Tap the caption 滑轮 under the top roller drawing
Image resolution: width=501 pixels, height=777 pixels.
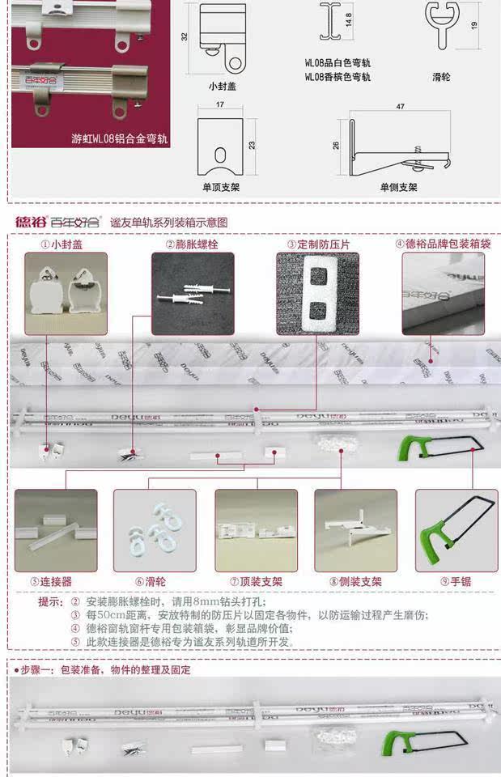click(441, 78)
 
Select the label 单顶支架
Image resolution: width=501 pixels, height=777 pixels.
click(221, 187)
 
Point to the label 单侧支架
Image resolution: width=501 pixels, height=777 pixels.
click(398, 187)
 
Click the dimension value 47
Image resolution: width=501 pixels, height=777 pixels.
click(400, 106)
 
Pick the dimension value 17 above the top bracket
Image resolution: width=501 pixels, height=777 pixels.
click(220, 105)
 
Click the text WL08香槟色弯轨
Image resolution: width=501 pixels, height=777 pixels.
click(338, 77)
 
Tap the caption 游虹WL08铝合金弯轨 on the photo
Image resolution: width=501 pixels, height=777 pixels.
click(120, 138)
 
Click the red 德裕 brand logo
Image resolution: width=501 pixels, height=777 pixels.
click(29, 221)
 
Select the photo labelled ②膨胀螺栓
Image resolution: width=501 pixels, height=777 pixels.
click(193, 294)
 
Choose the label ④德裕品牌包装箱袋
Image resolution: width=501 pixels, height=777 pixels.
click(443, 243)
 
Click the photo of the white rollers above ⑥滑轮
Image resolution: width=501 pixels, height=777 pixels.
click(155, 531)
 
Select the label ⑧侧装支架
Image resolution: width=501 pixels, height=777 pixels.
click(355, 581)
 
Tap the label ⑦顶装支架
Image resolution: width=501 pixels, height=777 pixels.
click(256, 581)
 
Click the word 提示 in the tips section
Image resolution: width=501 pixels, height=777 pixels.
click(50, 602)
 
